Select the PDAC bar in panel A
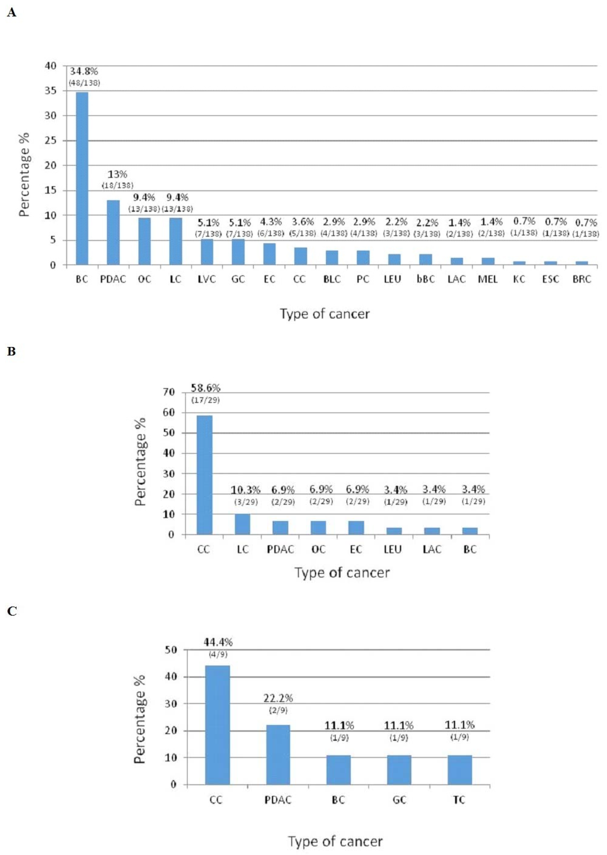113,232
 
